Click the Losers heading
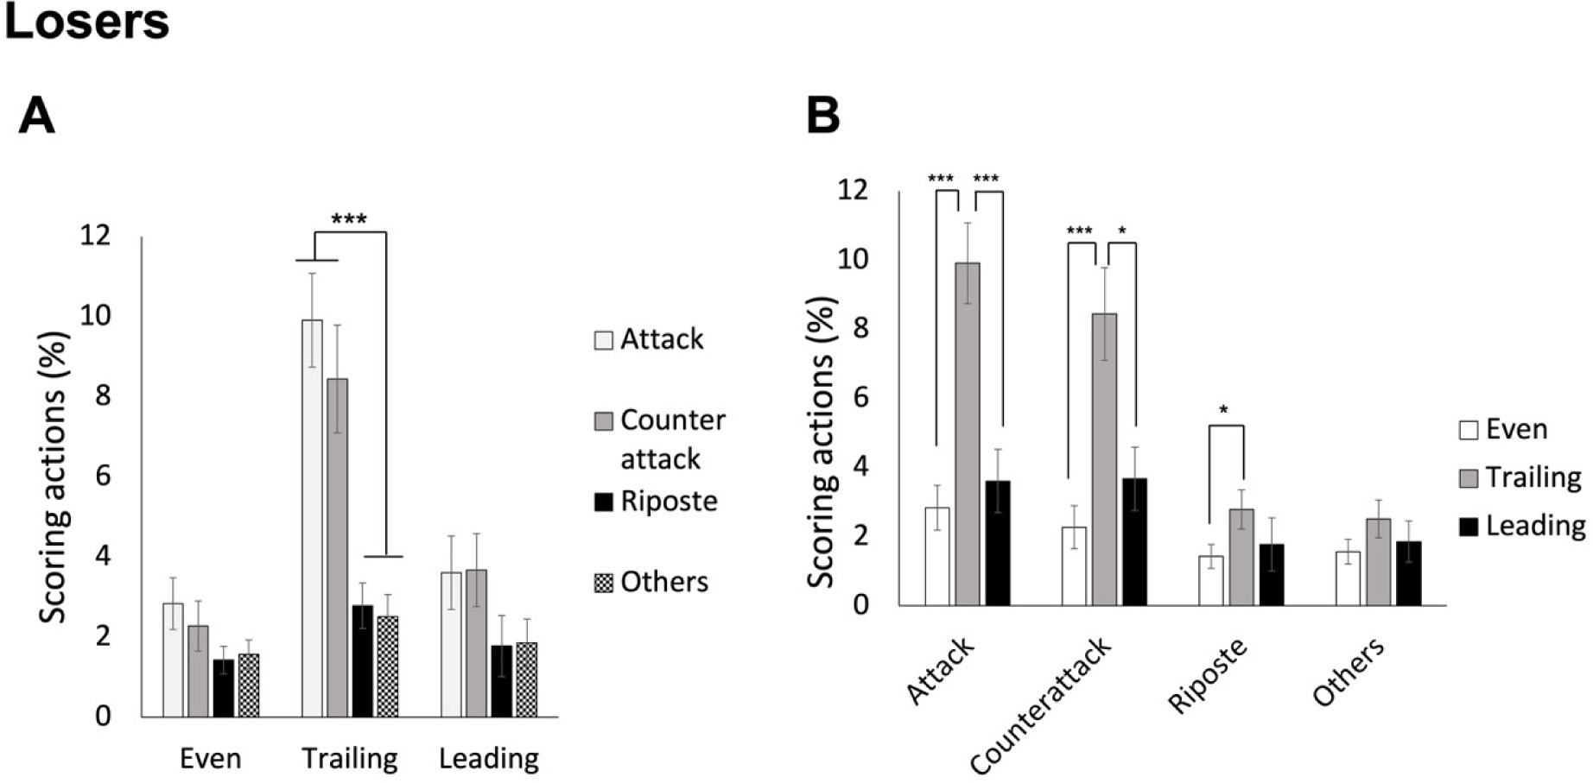86,22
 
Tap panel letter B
822,115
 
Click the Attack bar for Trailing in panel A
312,518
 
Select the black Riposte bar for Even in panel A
224,688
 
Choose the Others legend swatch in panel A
603,583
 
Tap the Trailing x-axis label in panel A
350,759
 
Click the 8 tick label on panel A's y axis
103,395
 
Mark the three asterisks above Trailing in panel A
349,219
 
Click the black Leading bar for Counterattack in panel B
1134,541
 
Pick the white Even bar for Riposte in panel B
1210,580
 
